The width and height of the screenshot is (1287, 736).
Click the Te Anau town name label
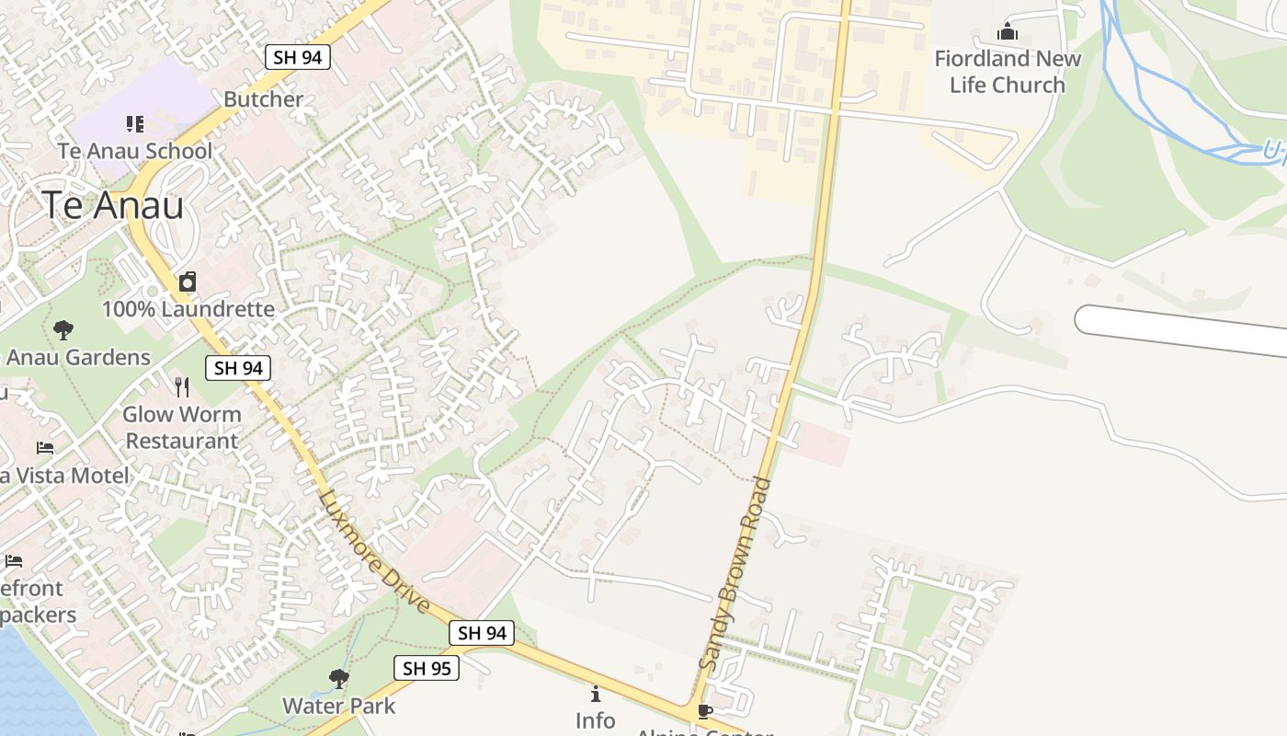point(113,204)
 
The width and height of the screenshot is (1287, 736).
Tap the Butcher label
point(263,99)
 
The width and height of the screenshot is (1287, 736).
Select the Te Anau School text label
point(135,151)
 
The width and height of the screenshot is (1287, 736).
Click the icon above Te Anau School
point(135,123)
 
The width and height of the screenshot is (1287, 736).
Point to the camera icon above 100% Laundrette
point(188,282)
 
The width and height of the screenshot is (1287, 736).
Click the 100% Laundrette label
point(188,309)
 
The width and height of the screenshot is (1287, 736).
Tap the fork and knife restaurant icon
point(182,387)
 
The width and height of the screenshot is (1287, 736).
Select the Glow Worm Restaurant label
point(182,428)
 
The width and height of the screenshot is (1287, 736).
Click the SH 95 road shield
point(427,668)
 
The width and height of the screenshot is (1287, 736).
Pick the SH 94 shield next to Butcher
point(298,57)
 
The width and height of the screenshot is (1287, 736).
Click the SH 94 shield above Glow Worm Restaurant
point(238,368)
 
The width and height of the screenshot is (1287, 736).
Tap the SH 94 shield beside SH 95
point(482,633)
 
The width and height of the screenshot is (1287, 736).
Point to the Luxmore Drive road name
point(374,552)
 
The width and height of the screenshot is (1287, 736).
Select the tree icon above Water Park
point(338,679)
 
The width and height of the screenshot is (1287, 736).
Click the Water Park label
point(338,707)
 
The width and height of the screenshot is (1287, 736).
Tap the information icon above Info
point(595,694)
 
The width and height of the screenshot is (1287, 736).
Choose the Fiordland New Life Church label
point(1008,72)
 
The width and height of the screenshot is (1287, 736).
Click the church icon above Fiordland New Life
point(1008,32)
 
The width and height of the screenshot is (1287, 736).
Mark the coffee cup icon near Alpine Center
point(705,711)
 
